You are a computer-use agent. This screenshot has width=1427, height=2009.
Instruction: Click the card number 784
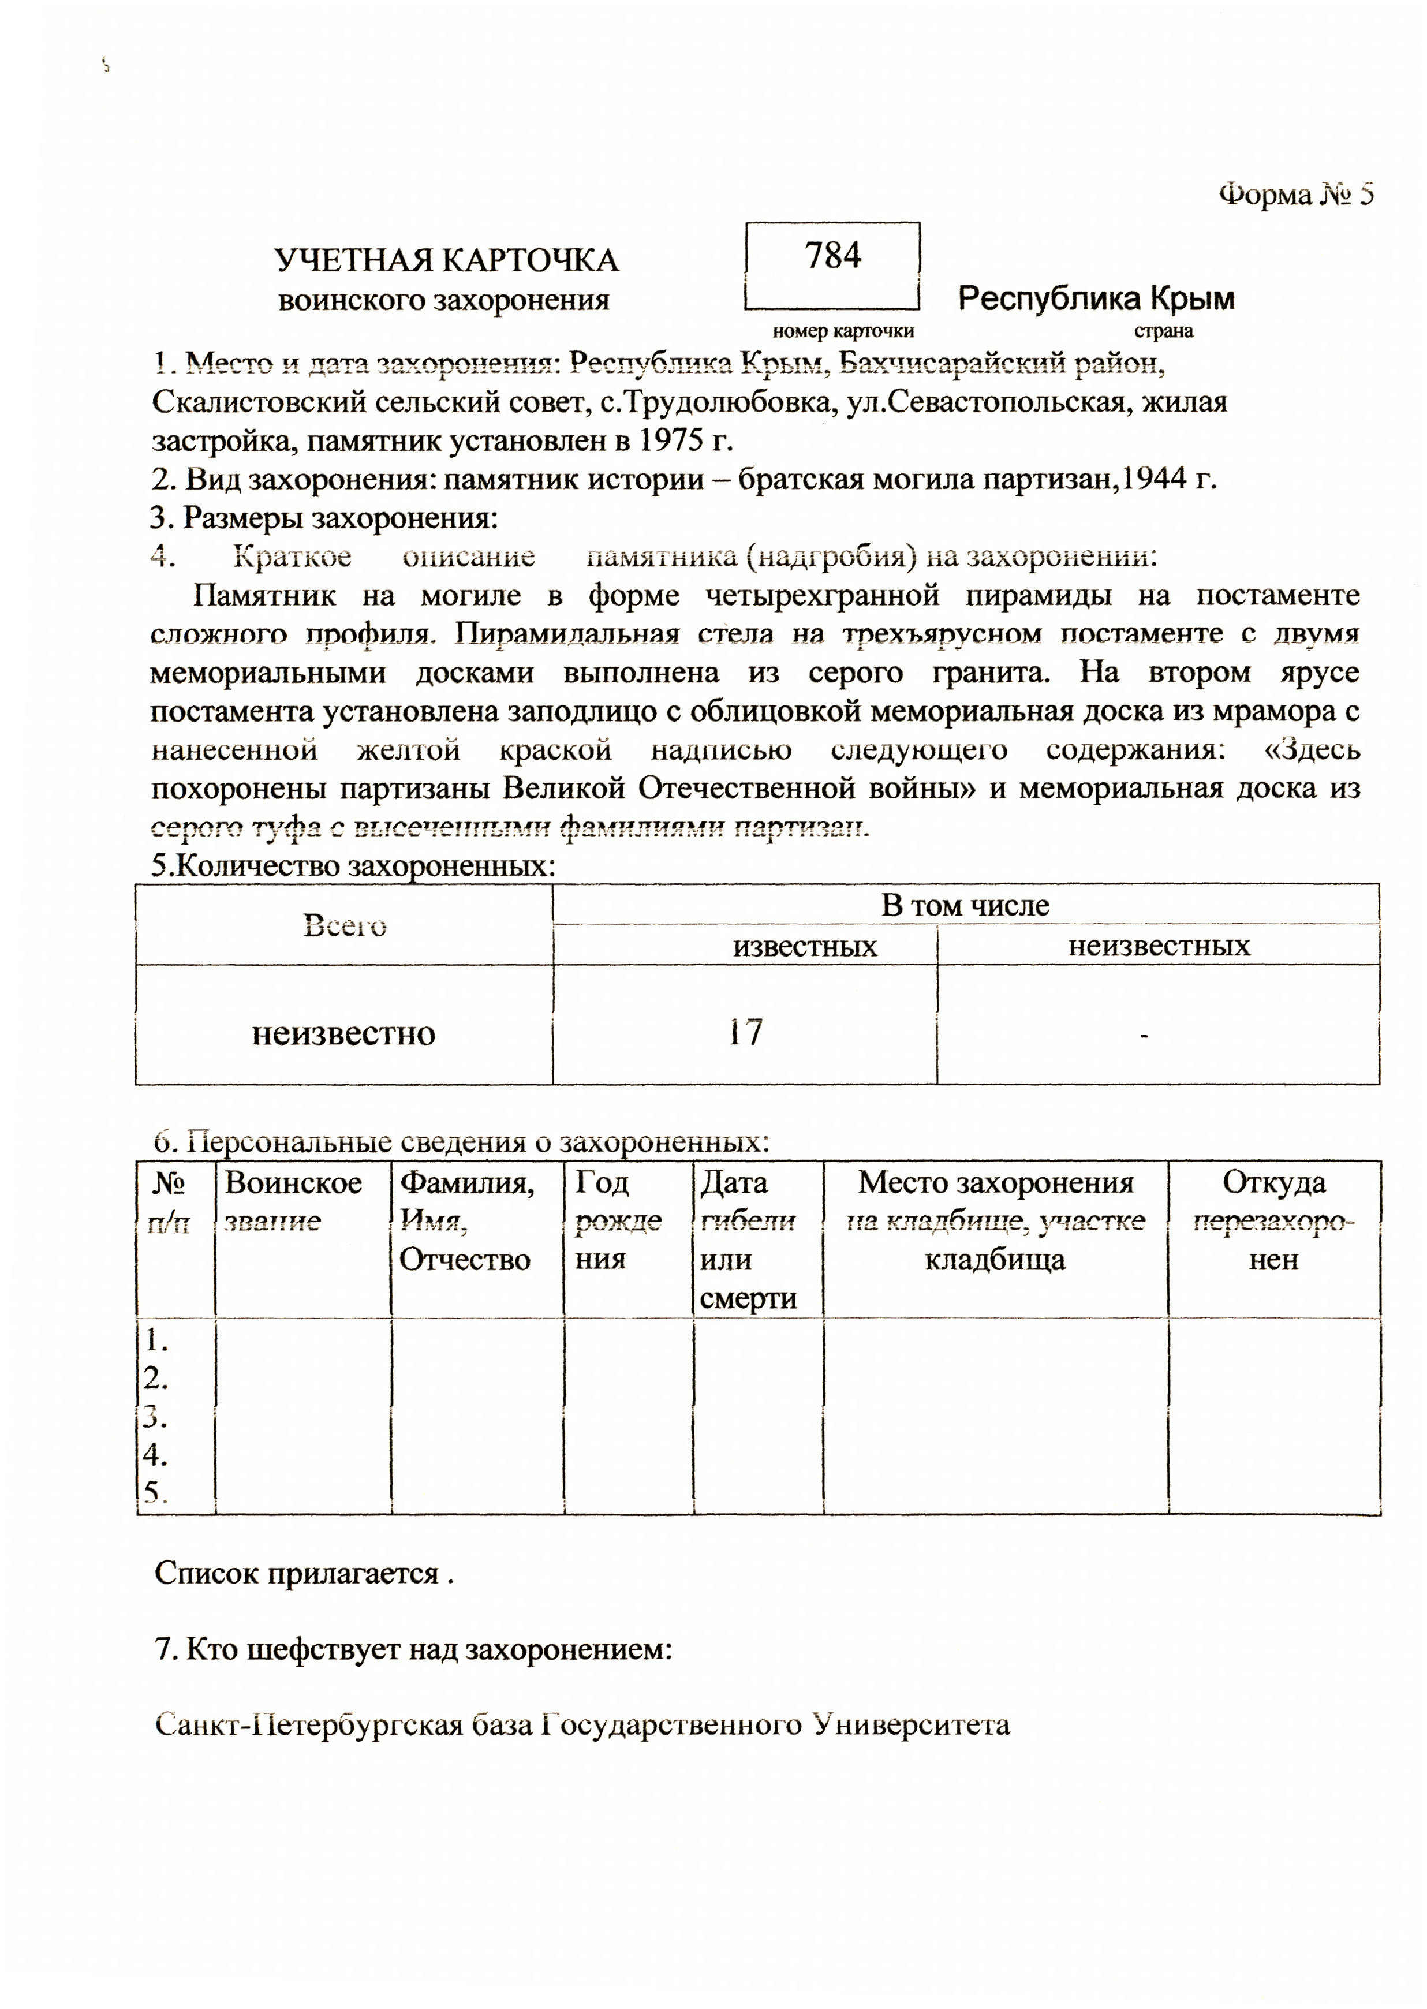[832, 256]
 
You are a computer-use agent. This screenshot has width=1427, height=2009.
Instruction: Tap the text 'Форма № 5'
[1295, 194]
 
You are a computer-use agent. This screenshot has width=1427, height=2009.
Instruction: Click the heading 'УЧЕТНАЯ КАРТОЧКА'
[446, 261]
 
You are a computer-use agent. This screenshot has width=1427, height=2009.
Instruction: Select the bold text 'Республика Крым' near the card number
[1096, 299]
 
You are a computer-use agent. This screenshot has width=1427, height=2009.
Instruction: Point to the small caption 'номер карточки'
[843, 331]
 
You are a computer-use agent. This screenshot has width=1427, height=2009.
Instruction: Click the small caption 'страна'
[1163, 331]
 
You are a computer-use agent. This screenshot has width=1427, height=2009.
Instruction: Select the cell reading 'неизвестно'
[343, 1033]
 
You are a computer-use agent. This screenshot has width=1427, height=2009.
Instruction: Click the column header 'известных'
[805, 946]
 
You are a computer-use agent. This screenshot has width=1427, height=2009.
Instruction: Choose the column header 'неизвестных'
[1158, 946]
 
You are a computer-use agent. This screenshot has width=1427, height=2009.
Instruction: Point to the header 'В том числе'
[965, 905]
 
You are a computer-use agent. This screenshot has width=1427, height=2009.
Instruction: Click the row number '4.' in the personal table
[156, 1455]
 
